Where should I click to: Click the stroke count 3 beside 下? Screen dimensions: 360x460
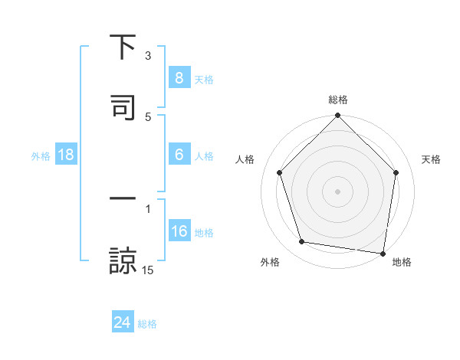pyautogui.click(x=148, y=56)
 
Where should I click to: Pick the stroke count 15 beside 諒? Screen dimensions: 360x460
pyautogui.click(x=148, y=270)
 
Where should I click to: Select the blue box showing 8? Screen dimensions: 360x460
pyautogui.click(x=179, y=77)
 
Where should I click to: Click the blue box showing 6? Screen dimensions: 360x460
pyautogui.click(x=179, y=155)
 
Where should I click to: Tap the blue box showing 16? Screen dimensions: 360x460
pyautogui.click(x=179, y=231)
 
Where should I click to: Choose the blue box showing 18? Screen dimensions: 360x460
pyautogui.click(x=66, y=155)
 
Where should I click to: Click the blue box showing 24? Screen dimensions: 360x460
pyautogui.click(x=122, y=322)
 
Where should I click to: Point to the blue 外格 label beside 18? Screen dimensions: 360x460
pyautogui.click(x=41, y=155)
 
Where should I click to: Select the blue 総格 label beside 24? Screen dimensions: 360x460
pyautogui.click(x=147, y=324)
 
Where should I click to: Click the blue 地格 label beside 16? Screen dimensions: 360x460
pyautogui.click(x=204, y=233)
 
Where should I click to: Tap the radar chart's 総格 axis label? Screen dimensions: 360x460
pyautogui.click(x=337, y=100)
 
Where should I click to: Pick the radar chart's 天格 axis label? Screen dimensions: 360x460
pyautogui.click(x=432, y=159)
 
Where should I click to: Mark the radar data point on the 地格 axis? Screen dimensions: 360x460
pyautogui.click(x=383, y=253)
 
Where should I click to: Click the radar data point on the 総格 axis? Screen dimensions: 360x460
pyautogui.click(x=337, y=116)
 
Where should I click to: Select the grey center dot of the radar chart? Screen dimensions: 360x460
pyautogui.click(x=337, y=191)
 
